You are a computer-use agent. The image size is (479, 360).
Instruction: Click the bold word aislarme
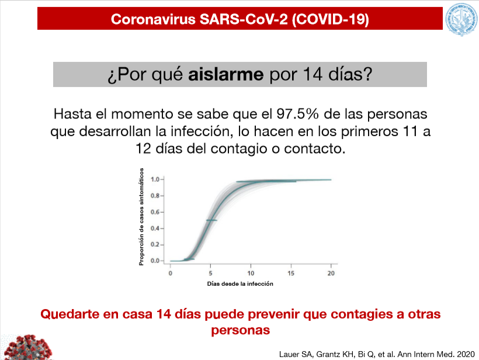[x=225, y=74]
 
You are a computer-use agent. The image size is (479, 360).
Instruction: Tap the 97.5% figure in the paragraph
[x=297, y=114]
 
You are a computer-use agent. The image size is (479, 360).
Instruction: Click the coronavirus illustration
[x=27, y=347]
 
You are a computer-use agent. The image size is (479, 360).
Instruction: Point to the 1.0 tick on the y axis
[x=155, y=179]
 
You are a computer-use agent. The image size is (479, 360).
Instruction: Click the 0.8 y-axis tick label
[x=155, y=196]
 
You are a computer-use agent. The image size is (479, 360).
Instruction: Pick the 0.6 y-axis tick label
[x=155, y=212]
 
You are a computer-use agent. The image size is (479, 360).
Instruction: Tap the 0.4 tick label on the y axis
[x=155, y=229]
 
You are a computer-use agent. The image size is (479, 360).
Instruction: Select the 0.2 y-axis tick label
[x=155, y=244]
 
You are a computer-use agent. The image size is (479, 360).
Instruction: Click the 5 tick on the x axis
[x=210, y=273]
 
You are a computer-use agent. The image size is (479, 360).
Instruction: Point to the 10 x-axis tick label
[x=251, y=273]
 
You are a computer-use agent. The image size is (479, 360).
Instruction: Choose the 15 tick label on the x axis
[x=291, y=273]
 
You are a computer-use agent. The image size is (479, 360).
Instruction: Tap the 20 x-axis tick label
[x=331, y=273]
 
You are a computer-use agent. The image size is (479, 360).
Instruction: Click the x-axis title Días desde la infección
[x=240, y=284]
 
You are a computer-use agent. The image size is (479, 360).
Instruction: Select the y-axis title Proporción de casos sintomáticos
[x=141, y=217]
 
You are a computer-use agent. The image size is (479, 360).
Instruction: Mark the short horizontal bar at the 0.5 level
[x=211, y=220]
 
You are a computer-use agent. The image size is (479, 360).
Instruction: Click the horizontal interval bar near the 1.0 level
[x=266, y=182]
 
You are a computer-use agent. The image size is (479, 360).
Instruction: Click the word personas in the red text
[x=241, y=330]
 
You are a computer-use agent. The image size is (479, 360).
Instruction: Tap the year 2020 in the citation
[x=466, y=355]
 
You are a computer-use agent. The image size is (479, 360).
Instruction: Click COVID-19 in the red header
[x=330, y=19]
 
